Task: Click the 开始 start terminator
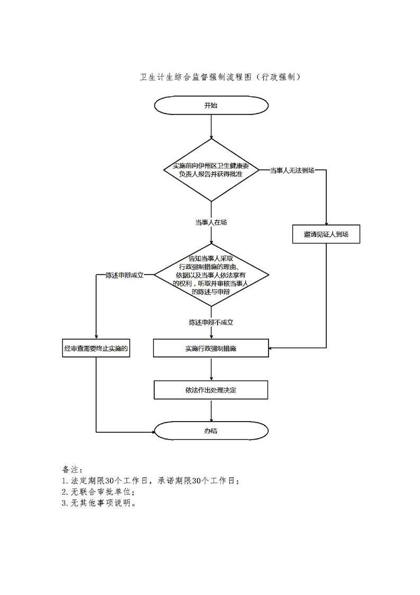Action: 211,105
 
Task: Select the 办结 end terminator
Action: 211,431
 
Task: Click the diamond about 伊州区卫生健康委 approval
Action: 211,170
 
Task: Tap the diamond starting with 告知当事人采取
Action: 211,275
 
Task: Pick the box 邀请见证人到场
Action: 326,234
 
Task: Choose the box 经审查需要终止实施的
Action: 96,348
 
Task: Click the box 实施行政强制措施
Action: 211,348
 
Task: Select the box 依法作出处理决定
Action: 211,390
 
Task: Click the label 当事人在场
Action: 211,222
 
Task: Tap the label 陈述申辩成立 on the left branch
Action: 124,275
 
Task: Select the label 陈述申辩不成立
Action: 211,322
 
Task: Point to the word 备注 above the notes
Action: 70,469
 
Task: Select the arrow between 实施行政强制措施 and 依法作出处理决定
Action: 211,369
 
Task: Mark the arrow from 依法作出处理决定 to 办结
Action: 211,410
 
